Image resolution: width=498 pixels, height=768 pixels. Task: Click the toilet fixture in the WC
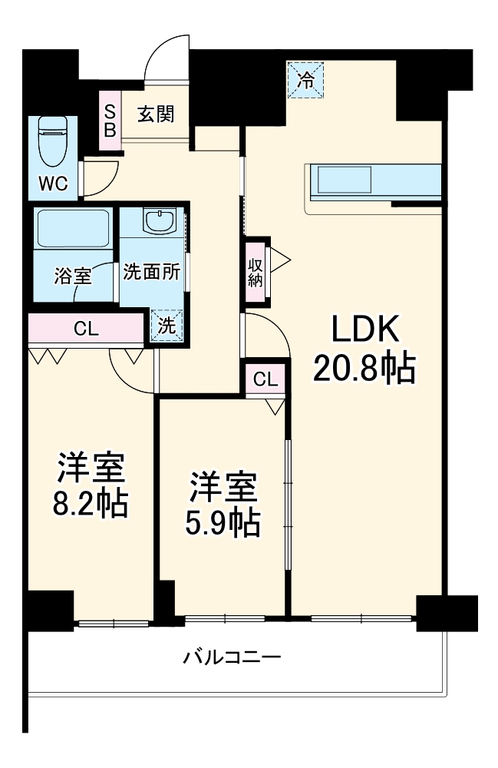53,141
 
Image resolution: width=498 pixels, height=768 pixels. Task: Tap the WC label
54,184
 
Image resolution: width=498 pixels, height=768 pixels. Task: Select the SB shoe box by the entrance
110,120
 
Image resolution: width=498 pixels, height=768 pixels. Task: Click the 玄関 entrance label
156,114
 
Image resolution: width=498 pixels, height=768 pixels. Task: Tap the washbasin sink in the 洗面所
161,223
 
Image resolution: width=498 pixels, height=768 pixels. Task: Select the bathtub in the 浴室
73,228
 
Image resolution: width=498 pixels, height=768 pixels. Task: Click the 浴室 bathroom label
73,275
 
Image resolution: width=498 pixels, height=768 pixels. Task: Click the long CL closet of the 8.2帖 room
86,329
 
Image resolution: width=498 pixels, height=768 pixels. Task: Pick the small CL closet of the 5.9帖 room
265,379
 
